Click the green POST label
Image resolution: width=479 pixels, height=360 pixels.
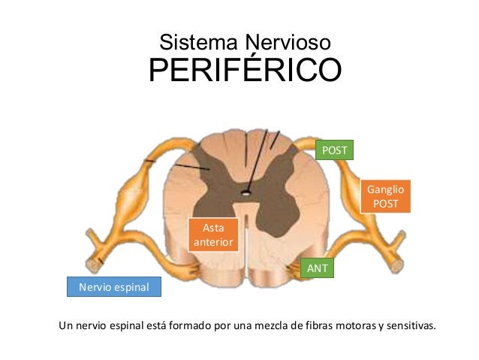click(x=334, y=150)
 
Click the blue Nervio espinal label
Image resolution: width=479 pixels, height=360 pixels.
click(x=114, y=287)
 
